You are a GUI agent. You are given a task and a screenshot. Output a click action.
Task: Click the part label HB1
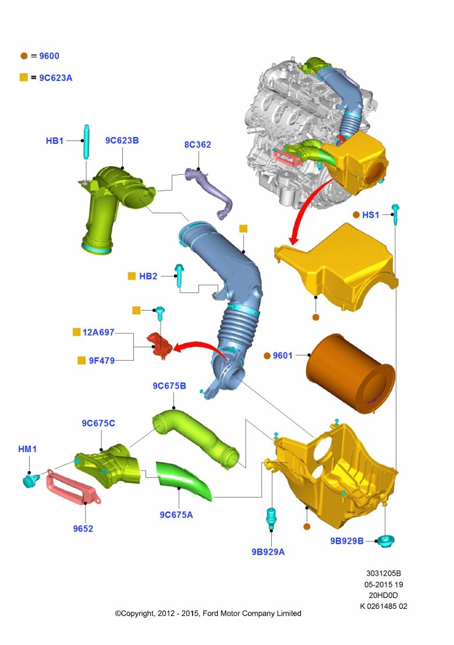(x=55, y=140)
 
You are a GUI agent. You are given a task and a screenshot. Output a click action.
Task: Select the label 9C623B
(x=122, y=140)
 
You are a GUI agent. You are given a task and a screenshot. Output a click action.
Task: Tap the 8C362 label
(x=198, y=144)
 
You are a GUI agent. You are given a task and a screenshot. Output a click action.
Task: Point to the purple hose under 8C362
(x=209, y=192)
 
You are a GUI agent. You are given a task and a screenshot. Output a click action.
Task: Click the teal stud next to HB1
(x=86, y=142)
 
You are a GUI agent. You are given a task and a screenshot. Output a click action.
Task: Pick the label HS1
(x=371, y=215)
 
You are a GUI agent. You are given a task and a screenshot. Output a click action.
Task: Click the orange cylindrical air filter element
(x=350, y=373)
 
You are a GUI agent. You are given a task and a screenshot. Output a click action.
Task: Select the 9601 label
(x=283, y=355)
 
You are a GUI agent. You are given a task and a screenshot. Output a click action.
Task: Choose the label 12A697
(x=98, y=332)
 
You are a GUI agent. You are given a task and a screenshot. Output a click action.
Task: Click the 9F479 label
(x=102, y=360)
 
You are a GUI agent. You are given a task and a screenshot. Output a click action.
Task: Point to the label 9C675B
(x=169, y=386)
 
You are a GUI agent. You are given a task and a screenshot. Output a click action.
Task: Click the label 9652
(x=83, y=528)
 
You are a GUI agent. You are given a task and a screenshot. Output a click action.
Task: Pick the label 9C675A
(x=176, y=514)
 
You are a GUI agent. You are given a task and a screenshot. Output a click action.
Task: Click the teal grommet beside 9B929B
(x=385, y=541)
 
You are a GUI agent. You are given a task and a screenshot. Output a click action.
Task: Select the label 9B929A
(x=268, y=552)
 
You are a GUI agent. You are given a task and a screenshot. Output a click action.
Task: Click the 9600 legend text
(x=49, y=56)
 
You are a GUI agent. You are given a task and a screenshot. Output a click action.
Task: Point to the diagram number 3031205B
(x=384, y=573)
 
